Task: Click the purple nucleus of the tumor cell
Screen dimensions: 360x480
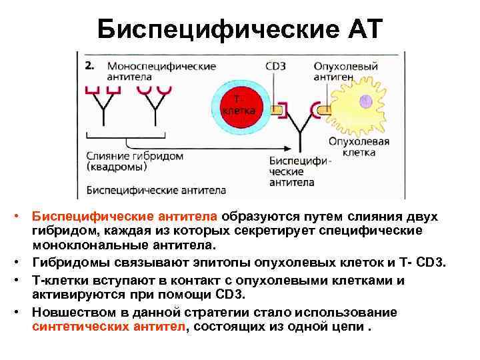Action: [x=365, y=101]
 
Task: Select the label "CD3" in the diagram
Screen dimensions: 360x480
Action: [x=276, y=67]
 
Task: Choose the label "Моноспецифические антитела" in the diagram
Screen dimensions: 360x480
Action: [x=161, y=71]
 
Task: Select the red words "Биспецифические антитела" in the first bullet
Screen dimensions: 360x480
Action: [x=126, y=216]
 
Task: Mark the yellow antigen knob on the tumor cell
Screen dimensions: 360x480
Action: [x=324, y=109]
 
